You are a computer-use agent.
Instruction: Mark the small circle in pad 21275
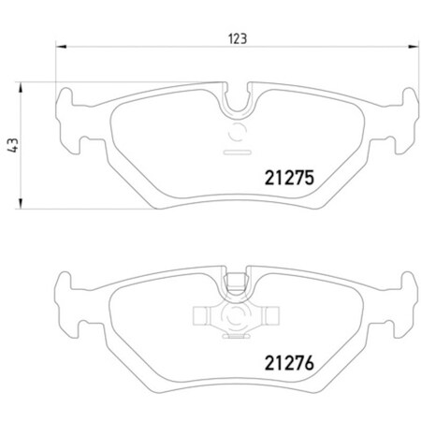click(235, 130)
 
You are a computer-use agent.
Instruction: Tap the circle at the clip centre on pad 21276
click(235, 316)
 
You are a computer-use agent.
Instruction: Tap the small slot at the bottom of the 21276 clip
click(235, 333)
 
